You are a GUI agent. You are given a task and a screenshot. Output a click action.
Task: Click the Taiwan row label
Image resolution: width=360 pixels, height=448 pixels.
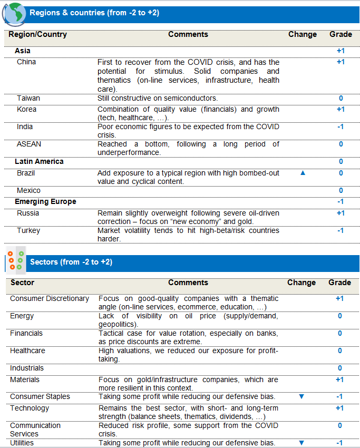[x=28, y=98]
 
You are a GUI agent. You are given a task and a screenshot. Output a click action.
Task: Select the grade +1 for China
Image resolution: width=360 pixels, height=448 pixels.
[x=340, y=62]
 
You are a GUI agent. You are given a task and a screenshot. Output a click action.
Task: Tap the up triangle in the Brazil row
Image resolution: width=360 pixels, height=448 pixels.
[x=303, y=173]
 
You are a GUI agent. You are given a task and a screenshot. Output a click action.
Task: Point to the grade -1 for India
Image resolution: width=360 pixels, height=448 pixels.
[x=340, y=127]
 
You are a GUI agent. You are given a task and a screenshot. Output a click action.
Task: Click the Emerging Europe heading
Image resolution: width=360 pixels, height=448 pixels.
[x=45, y=202]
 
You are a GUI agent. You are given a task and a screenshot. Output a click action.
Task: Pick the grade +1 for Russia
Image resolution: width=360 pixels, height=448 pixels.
[x=340, y=213]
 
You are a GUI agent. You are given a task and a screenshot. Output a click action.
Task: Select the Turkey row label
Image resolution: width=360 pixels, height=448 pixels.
[x=28, y=231]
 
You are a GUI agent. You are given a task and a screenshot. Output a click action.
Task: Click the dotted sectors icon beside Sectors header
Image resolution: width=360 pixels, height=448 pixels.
[x=16, y=261]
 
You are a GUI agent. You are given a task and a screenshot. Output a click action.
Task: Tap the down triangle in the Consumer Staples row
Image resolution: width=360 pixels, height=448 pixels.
[x=301, y=396]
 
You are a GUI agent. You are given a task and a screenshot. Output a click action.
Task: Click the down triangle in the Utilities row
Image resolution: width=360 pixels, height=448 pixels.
[x=301, y=443]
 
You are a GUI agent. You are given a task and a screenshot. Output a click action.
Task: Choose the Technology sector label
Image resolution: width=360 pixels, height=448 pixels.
[x=30, y=408]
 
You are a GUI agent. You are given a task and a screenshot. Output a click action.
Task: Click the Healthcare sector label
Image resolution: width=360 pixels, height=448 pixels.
[x=27, y=350]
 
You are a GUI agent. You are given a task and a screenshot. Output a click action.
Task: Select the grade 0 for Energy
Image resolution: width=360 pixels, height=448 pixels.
[x=340, y=316]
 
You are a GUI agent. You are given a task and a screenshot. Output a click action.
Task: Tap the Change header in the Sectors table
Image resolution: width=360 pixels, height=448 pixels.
[x=301, y=283]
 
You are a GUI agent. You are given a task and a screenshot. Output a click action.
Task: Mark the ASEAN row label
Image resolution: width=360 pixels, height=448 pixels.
[x=29, y=144]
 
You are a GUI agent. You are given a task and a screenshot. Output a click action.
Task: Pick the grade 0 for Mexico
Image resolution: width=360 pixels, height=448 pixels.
[x=341, y=191]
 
